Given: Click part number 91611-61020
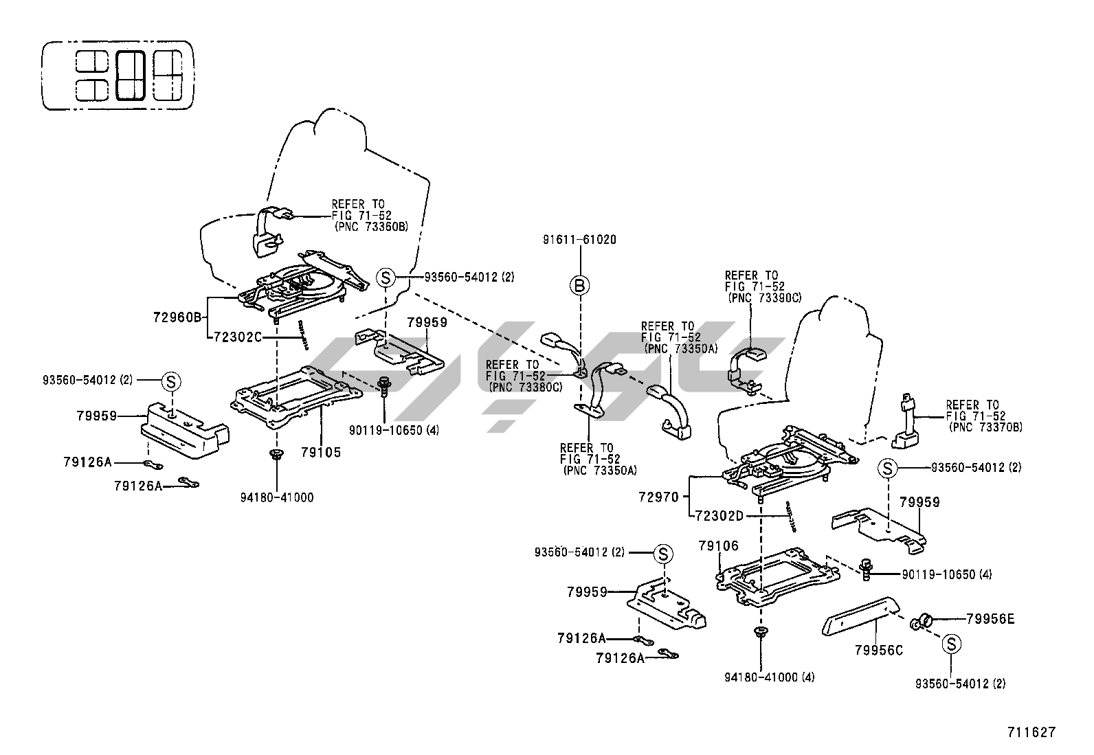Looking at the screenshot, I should point(579,240).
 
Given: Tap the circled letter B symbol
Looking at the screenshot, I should point(580,285).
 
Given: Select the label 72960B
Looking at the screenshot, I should point(176,317).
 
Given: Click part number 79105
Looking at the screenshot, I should point(320,453).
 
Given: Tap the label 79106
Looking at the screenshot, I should point(718,546).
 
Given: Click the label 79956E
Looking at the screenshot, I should point(990,619).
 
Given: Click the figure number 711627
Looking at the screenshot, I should point(1031,732).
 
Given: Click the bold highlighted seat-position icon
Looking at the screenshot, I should point(131,75).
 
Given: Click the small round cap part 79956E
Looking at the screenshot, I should point(921,622).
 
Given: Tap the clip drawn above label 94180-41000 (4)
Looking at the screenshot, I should point(761,632).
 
